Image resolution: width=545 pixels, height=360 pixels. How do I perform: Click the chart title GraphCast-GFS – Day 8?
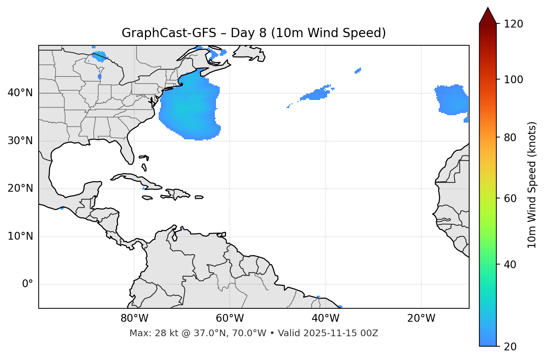point(254,33)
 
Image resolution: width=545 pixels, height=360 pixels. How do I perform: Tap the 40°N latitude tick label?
point(20,93)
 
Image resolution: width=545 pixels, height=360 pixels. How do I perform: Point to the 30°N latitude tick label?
point(20,141)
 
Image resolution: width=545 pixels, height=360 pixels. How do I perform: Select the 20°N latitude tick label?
point(20,188)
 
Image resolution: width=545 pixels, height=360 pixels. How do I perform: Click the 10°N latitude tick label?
point(20,236)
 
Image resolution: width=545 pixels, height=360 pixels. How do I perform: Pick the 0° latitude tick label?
point(27,284)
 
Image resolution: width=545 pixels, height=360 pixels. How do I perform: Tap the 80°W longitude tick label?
point(134,318)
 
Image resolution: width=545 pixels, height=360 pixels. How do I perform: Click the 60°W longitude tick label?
point(230,318)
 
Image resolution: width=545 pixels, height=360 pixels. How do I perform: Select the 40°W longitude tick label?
point(325,318)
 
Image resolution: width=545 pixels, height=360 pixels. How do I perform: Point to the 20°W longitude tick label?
point(421,318)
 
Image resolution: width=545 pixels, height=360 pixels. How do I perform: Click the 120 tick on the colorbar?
point(513,24)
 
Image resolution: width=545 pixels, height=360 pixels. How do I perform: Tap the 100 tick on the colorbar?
point(513,80)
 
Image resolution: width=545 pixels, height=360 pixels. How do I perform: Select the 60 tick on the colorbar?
point(509,198)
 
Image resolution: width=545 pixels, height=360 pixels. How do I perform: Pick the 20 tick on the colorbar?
point(509,347)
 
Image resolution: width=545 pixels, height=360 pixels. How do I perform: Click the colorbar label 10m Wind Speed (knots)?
point(532,185)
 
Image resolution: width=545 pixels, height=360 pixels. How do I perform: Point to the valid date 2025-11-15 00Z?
point(341,333)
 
